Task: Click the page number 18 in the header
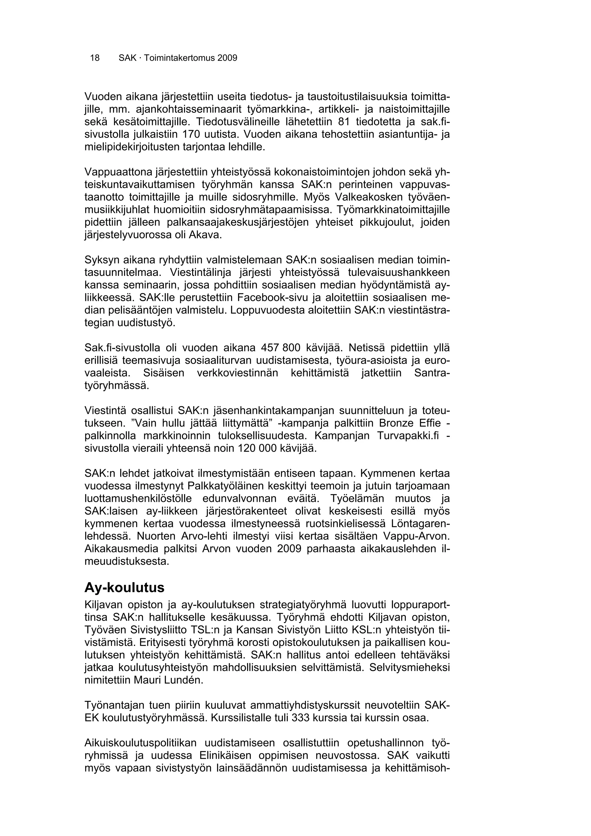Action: coord(95,58)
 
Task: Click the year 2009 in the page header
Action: coord(227,58)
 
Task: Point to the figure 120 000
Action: coord(257,448)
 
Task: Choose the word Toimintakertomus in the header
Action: coord(179,58)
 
